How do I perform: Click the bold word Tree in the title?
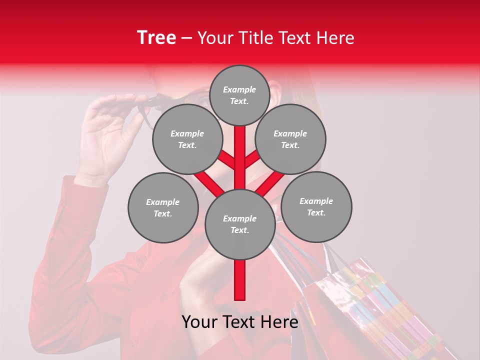pyautogui.click(x=156, y=37)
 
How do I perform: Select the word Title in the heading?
pyautogui.click(x=253, y=37)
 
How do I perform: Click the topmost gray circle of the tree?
pyautogui.click(x=239, y=95)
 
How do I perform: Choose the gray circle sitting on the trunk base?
pyautogui.click(x=239, y=224)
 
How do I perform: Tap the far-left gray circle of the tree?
pyautogui.click(x=163, y=207)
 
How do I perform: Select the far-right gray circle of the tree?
pyautogui.click(x=316, y=206)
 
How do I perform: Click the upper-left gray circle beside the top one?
pyautogui.click(x=187, y=139)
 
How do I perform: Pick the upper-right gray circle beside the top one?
pyautogui.click(x=290, y=139)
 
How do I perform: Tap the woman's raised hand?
pyautogui.click(x=107, y=135)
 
